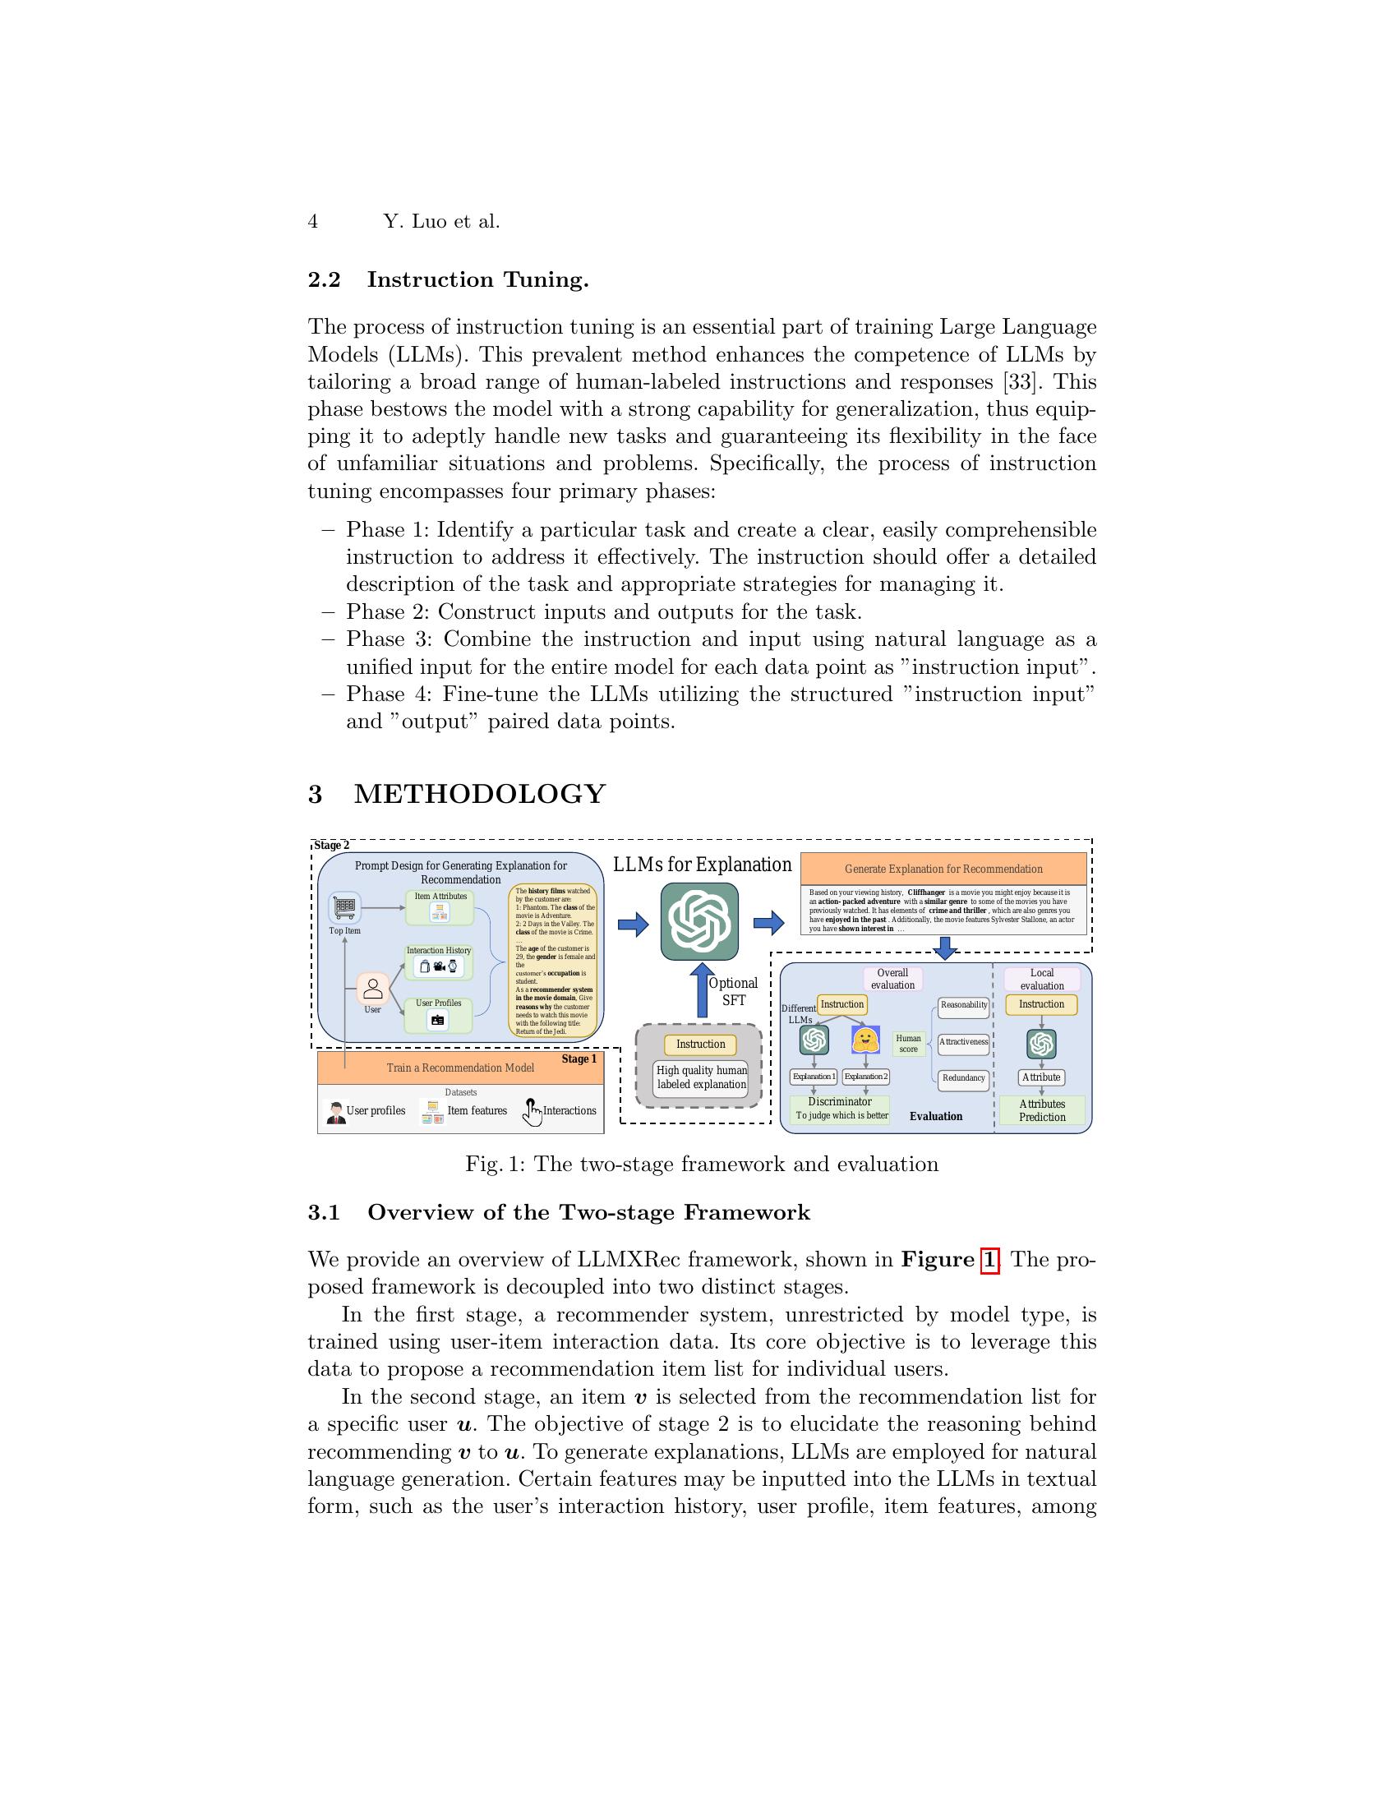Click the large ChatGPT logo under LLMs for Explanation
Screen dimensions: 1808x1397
point(699,921)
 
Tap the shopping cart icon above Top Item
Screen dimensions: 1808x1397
point(344,906)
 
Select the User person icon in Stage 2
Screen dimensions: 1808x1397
point(373,989)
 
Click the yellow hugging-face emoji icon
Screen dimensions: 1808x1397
point(864,1040)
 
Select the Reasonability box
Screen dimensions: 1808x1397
point(963,1005)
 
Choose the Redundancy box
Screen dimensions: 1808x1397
point(963,1078)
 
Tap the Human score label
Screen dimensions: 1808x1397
point(908,1043)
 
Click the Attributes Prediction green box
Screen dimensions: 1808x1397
point(1041,1110)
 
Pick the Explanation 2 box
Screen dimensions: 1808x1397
point(865,1077)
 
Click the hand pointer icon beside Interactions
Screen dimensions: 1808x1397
point(531,1112)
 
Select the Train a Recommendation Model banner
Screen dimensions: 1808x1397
point(460,1067)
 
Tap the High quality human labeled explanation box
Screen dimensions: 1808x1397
point(701,1077)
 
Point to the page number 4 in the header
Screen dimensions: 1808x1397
point(313,221)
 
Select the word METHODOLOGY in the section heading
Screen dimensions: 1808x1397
point(480,793)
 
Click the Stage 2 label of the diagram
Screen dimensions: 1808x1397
point(331,845)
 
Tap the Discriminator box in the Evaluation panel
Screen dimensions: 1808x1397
point(840,1108)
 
